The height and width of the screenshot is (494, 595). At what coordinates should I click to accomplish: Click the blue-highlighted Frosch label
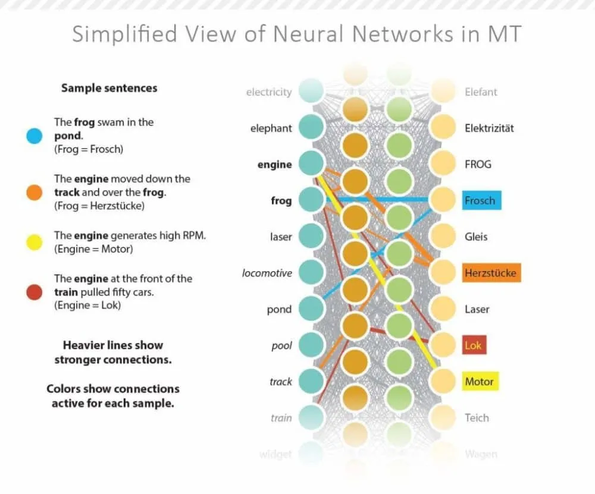(x=481, y=200)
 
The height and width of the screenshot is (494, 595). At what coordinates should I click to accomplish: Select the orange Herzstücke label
(x=491, y=273)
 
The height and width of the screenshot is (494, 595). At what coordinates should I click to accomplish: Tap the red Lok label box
(x=474, y=345)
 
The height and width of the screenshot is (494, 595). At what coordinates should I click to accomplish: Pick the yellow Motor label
(x=480, y=382)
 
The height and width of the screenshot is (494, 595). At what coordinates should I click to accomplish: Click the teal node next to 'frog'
(x=310, y=200)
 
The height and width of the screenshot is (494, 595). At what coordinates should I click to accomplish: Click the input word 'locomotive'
(x=267, y=273)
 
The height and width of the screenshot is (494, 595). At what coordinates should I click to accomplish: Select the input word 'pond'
(x=279, y=309)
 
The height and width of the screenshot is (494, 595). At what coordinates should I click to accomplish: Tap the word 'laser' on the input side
(x=281, y=237)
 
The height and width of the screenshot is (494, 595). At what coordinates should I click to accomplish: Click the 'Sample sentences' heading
(x=109, y=88)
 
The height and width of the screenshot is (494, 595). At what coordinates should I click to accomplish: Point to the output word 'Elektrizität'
(x=489, y=128)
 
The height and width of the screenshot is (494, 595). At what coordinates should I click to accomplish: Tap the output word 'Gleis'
(x=476, y=237)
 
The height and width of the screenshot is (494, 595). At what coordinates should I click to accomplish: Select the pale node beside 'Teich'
(x=443, y=417)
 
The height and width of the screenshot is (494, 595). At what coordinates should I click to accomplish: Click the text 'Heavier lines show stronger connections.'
(x=112, y=352)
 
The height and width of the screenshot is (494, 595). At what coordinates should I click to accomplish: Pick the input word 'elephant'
(x=271, y=128)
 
